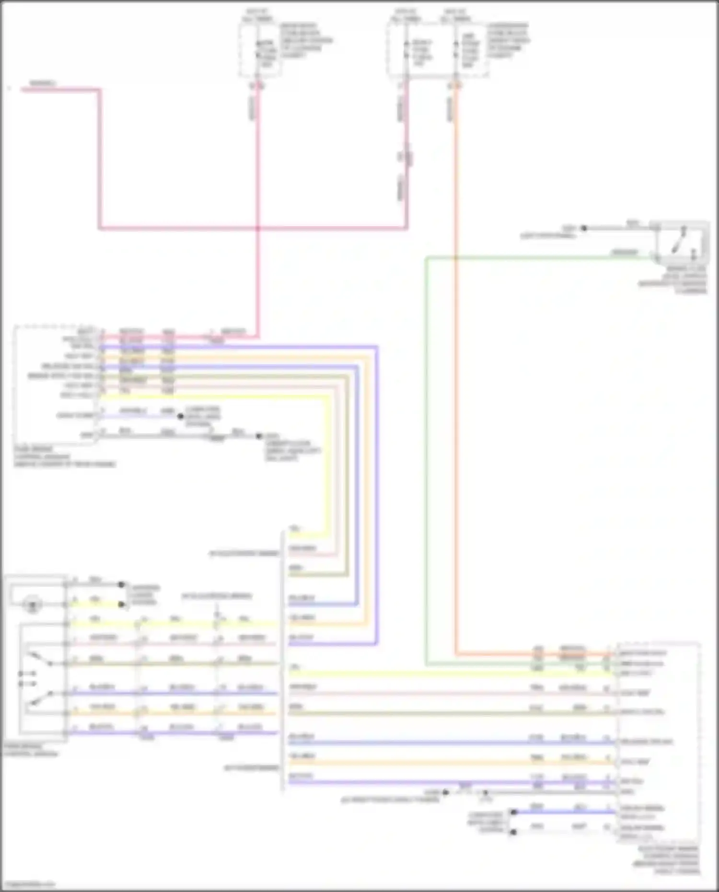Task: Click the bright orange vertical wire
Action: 456,383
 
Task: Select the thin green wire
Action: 426,431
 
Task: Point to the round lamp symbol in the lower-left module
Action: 33,604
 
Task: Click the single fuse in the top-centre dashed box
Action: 258,50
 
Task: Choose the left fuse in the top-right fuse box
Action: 406,50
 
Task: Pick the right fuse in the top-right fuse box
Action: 456,50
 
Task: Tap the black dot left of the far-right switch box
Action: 584,229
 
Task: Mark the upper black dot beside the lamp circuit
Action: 122,585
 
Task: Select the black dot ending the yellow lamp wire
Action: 122,604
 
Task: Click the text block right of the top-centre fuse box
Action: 306,40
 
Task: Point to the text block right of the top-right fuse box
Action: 508,40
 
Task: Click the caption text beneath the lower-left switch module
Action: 31,750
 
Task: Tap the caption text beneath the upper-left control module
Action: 65,456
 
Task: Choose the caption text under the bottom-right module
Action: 669,860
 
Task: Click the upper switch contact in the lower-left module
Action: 41,659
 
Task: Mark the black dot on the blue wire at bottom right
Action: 514,812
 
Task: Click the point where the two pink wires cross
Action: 258,228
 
